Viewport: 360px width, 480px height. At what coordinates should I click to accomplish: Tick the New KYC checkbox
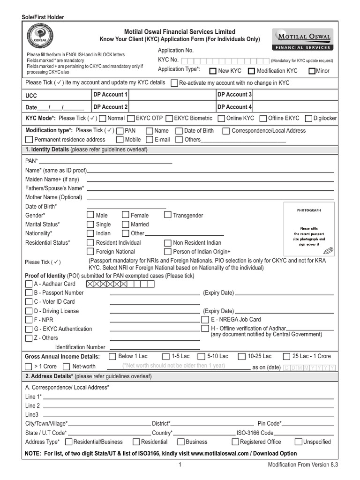tap(213, 71)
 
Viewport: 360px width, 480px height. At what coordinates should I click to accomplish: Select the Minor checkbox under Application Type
tap(312, 71)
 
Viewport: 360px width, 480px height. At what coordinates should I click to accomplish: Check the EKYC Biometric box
tap(170, 119)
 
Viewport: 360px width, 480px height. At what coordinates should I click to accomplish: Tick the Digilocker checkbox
tap(308, 119)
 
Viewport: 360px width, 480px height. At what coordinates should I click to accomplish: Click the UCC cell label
tap(31, 96)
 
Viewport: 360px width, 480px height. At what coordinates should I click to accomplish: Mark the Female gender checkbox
tap(125, 215)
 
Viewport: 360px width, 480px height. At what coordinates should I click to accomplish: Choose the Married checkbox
tap(125, 225)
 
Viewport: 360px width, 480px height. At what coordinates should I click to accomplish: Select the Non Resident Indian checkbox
tap(167, 243)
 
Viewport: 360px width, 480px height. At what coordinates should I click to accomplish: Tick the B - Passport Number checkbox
tap(29, 293)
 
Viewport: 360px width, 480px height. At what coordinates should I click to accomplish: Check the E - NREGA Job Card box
tap(205, 319)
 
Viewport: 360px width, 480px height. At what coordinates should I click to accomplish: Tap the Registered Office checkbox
tap(235, 442)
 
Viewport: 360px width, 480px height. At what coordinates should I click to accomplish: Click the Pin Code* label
tap(269, 423)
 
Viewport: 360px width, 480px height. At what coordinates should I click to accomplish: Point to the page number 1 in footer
tap(180, 465)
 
